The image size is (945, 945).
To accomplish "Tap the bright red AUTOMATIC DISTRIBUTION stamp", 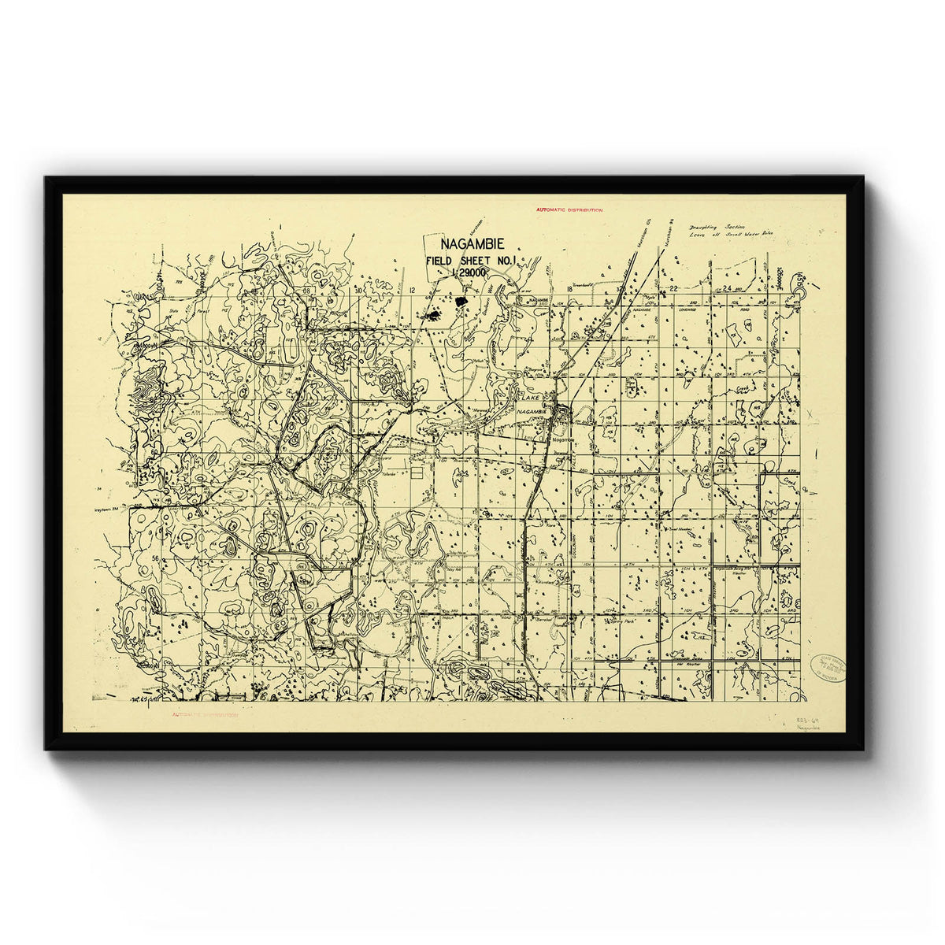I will (569, 210).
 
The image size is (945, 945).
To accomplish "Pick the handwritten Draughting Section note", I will (716, 226).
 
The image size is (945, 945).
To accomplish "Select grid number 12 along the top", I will (413, 290).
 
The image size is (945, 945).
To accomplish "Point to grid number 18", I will (569, 290).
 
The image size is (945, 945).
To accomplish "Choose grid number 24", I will (727, 289).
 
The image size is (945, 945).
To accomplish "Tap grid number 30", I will (358, 290).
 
